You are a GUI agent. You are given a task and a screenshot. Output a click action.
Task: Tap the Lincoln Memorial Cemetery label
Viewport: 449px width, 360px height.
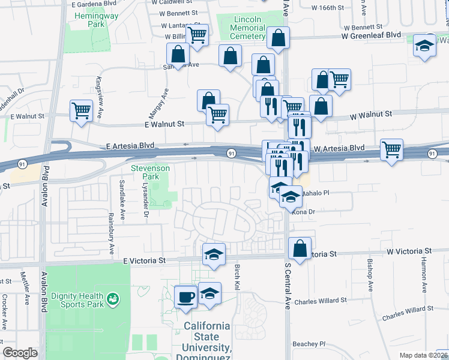click(x=247, y=28)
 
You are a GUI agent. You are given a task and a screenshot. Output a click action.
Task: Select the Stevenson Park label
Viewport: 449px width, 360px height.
click(x=151, y=173)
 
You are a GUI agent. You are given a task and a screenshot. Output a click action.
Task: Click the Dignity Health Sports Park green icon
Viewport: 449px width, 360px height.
click(x=112, y=298)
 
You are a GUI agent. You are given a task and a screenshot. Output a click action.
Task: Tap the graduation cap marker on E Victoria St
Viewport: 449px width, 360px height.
click(x=213, y=254)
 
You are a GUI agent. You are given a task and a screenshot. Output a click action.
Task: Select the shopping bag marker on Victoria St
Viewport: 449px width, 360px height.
click(x=300, y=248)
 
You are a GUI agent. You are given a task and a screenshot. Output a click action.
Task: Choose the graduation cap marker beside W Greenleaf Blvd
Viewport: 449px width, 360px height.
click(x=424, y=46)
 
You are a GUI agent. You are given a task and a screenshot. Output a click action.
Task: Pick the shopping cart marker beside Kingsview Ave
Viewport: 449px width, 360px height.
click(x=82, y=110)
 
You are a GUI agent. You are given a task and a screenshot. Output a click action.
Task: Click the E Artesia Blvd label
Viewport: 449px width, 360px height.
click(x=130, y=146)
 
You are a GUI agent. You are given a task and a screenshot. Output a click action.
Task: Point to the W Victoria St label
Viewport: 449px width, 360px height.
click(x=409, y=250)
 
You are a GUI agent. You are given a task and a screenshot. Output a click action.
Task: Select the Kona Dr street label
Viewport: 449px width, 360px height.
click(x=303, y=211)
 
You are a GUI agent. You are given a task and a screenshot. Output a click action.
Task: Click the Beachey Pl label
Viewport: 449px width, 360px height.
click(x=309, y=344)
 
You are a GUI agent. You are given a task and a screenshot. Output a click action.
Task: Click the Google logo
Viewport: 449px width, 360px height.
click(x=20, y=353)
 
